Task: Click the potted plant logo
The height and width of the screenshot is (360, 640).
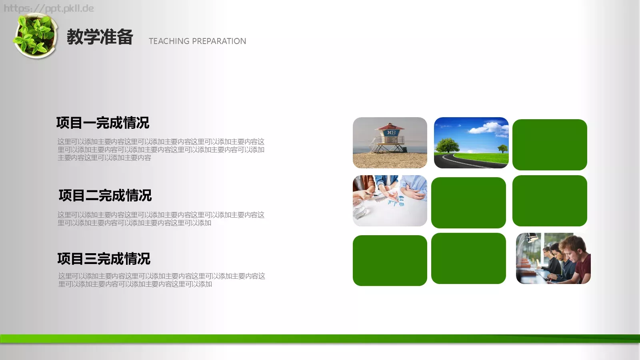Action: pyautogui.click(x=35, y=36)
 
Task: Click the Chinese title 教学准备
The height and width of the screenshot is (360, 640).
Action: pyautogui.click(x=100, y=37)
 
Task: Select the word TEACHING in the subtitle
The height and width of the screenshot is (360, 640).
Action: pyautogui.click(x=169, y=41)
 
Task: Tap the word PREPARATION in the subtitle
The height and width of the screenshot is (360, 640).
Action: pyautogui.click(x=219, y=41)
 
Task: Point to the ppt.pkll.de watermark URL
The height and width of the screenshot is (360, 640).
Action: pyautogui.click(x=49, y=8)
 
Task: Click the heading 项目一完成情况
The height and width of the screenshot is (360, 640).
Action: pyautogui.click(x=103, y=123)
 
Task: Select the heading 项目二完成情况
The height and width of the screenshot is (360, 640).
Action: pyautogui.click(x=105, y=196)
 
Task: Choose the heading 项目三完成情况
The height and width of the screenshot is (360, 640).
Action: pyautogui.click(x=104, y=259)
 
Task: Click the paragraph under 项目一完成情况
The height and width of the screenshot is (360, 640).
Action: pyautogui.click(x=161, y=150)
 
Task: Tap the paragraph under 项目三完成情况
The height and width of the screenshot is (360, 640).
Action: pyautogui.click(x=162, y=280)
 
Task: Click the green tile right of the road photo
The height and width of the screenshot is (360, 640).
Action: pyautogui.click(x=550, y=145)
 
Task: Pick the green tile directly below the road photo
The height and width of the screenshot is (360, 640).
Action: pyautogui.click(x=468, y=202)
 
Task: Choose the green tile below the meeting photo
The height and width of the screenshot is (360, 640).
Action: pyautogui.click(x=390, y=260)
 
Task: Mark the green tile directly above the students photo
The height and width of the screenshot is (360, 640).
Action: pyautogui.click(x=550, y=201)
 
